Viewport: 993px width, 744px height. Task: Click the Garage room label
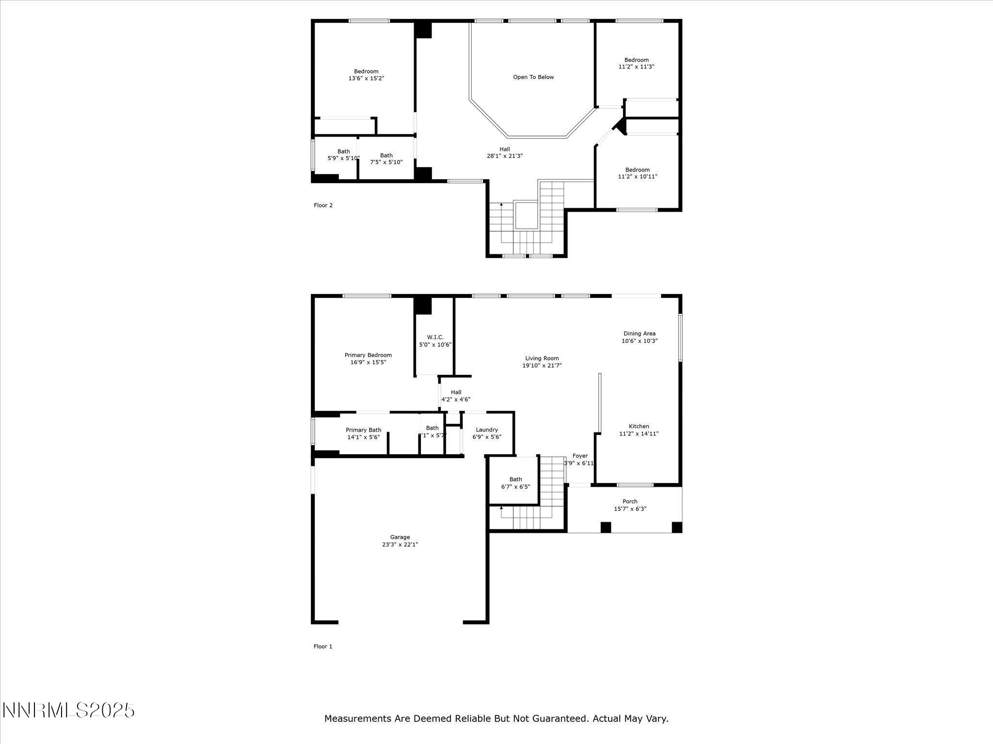click(x=400, y=537)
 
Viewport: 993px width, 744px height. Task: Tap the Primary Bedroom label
click(x=368, y=355)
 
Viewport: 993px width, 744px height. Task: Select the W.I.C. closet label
click(x=435, y=337)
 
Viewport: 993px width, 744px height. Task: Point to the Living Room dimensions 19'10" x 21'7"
click(x=542, y=366)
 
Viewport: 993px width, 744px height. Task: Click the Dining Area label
click(x=639, y=333)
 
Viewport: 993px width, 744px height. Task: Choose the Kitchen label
click(x=639, y=426)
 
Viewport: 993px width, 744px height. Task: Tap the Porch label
click(x=630, y=501)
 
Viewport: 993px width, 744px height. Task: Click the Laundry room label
click(x=486, y=430)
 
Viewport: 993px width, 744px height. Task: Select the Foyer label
click(x=580, y=456)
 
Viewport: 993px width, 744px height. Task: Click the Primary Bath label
click(x=363, y=430)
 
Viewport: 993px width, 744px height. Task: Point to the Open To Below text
click(x=533, y=77)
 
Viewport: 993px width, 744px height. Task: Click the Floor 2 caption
click(x=323, y=205)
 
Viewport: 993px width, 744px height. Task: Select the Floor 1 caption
click(x=323, y=646)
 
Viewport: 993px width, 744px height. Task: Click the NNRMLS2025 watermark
click(x=68, y=711)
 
